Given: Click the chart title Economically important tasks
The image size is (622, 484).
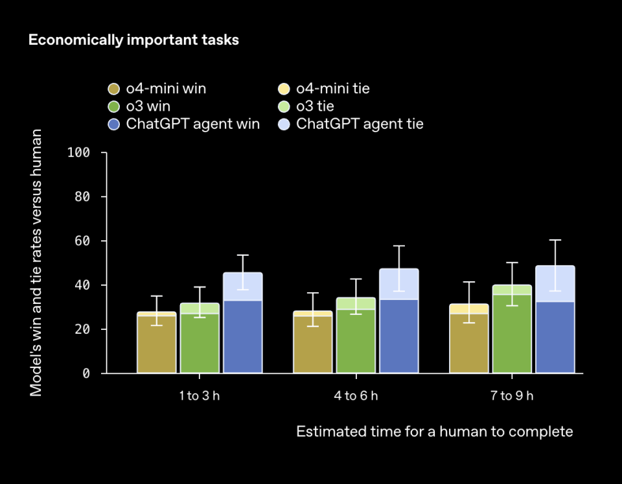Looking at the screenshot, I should (133, 40).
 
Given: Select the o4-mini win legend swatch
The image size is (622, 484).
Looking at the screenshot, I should (114, 89).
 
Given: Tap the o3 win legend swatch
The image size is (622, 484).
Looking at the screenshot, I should (114, 106).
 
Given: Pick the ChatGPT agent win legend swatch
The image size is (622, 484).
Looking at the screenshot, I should (114, 124).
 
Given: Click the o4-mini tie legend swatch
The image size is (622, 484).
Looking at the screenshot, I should (284, 89).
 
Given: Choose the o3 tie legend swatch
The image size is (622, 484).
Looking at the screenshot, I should (284, 106).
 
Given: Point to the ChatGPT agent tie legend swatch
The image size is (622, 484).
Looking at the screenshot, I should (284, 124).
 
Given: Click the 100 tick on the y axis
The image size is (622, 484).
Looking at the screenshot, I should (78, 153).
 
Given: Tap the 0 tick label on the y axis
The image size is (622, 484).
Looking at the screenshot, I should (86, 374).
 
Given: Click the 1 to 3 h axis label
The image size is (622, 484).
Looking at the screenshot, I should (200, 396).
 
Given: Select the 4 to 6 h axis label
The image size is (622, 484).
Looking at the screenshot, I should (356, 396).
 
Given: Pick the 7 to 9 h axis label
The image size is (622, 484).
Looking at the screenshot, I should (512, 396).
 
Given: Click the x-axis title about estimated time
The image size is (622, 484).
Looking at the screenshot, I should (435, 432).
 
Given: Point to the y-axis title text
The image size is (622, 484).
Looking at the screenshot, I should (36, 263).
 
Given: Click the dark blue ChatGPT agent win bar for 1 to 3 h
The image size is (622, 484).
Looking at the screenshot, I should (243, 337).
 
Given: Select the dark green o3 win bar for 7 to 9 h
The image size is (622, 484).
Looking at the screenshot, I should (512, 334).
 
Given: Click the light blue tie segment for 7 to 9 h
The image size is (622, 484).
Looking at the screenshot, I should (555, 284).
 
